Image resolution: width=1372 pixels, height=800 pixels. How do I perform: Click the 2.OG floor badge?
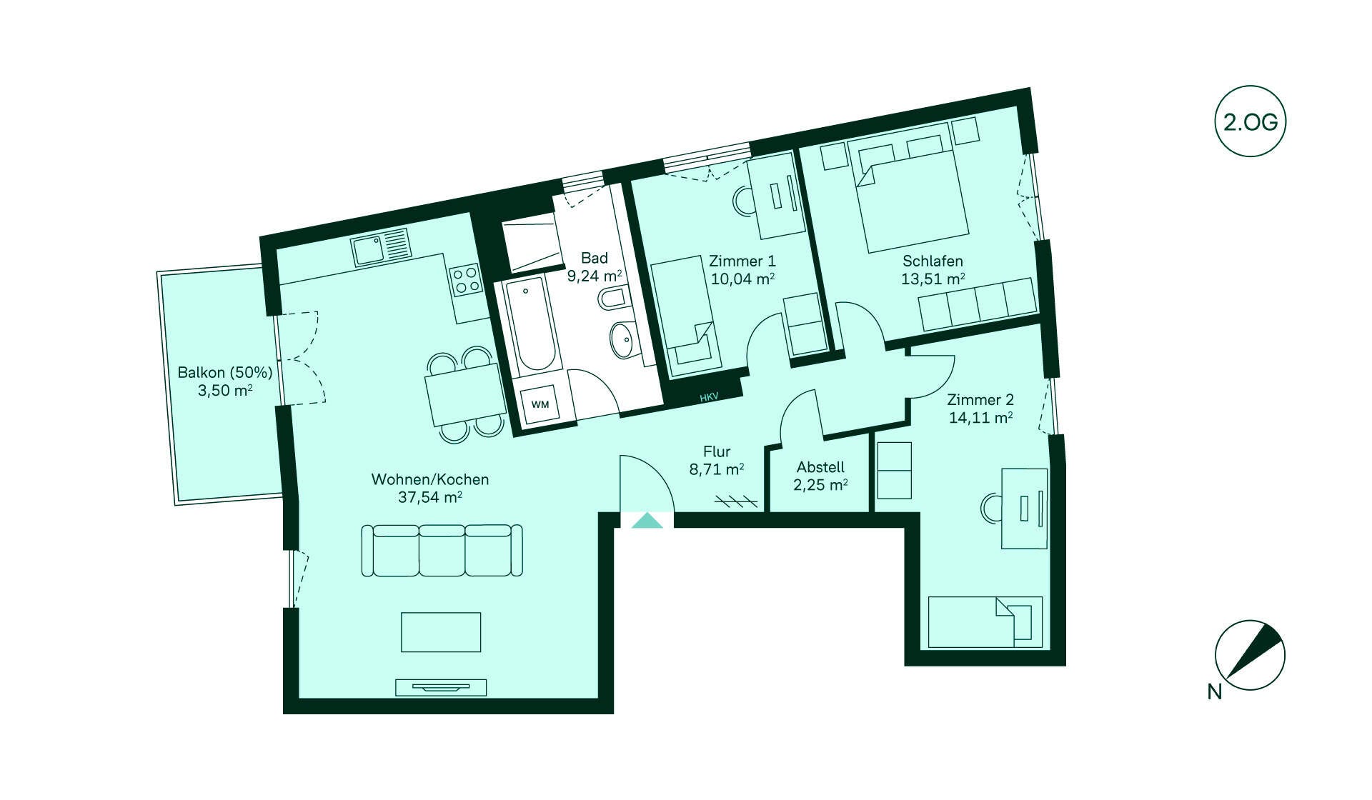pyautogui.click(x=1251, y=121)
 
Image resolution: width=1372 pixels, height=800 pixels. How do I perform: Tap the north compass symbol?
pyautogui.click(x=1250, y=655)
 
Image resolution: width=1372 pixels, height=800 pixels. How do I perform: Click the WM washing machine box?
pyautogui.click(x=540, y=404)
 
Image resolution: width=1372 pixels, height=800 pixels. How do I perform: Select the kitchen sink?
pyautogui.click(x=382, y=247)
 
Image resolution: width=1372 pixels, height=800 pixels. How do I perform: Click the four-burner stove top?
pyautogui.click(x=465, y=279)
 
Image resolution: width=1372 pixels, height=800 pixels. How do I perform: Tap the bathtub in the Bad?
pyautogui.click(x=531, y=326)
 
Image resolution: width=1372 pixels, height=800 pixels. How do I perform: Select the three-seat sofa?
pyautogui.click(x=442, y=550)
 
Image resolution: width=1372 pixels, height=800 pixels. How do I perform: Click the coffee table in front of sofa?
pyautogui.click(x=441, y=632)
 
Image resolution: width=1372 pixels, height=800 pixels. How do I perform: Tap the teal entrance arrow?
pyautogui.click(x=647, y=520)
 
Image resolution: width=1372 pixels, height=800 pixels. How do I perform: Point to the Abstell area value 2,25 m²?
pyautogui.click(x=820, y=485)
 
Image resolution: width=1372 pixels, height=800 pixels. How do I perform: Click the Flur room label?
pyautogui.click(x=717, y=451)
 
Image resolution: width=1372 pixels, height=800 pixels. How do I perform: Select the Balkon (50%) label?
pyautogui.click(x=225, y=372)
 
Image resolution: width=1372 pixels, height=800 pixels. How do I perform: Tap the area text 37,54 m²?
pyautogui.click(x=429, y=496)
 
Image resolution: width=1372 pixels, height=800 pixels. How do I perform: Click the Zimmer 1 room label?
pyautogui.click(x=742, y=261)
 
